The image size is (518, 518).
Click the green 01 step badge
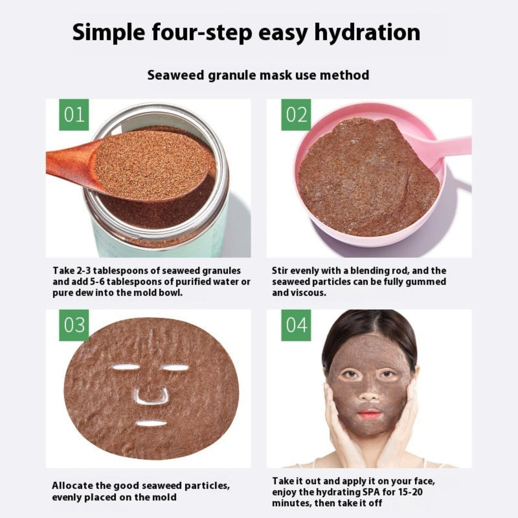[x=74, y=115]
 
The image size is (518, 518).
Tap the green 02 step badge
[x=296, y=115]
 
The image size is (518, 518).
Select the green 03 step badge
[x=74, y=325]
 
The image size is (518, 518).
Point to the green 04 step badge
[x=296, y=325]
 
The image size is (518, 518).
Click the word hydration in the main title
[x=367, y=33]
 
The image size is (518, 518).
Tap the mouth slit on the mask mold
[x=151, y=423]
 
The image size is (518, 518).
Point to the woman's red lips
[x=370, y=414]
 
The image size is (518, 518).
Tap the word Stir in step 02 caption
[x=280, y=271]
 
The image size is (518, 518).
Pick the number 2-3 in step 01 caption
[x=83, y=271]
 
